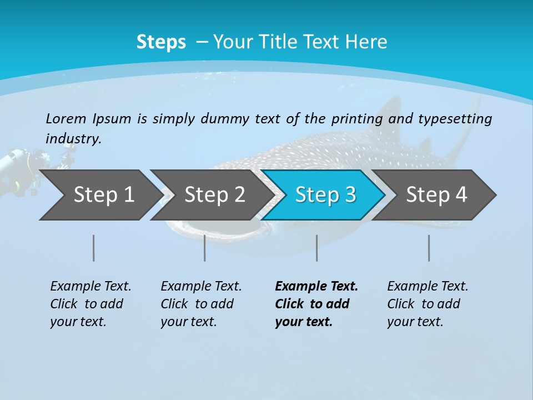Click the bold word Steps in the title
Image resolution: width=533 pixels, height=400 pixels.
point(161,42)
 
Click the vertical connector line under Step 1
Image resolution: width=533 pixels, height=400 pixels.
point(93,248)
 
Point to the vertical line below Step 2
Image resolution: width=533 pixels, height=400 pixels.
point(204,248)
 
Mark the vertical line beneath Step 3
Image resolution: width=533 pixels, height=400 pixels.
point(316,248)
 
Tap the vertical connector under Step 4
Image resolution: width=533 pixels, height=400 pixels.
point(429,248)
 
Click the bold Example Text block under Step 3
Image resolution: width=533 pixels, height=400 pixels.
point(316,304)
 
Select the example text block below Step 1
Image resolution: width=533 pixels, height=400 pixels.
point(90,304)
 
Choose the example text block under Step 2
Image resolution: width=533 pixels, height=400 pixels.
point(201,304)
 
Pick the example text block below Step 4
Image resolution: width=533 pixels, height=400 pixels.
point(428,304)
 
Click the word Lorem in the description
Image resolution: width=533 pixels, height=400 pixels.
point(66,118)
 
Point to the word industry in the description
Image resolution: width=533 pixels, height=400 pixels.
point(73,138)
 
